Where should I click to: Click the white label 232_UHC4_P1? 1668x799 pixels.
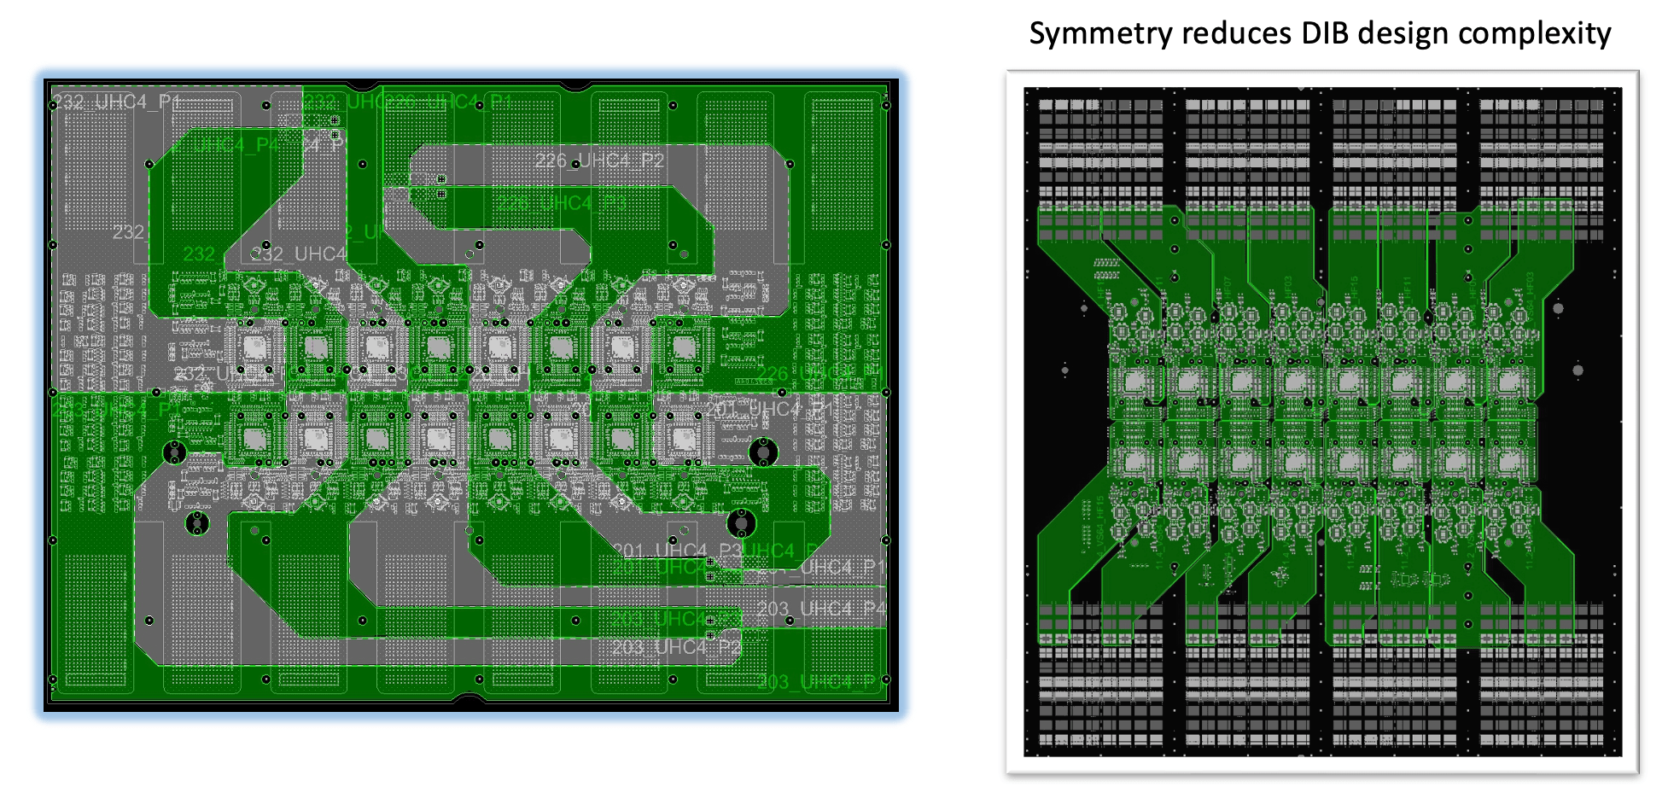pyautogui.click(x=118, y=102)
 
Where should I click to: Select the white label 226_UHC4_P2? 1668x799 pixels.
pyautogui.click(x=599, y=160)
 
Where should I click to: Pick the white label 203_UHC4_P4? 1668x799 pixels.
pyautogui.click(x=821, y=609)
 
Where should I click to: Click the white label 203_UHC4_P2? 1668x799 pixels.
pyautogui.click(x=676, y=648)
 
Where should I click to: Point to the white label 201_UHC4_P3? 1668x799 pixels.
pyautogui.click(x=676, y=551)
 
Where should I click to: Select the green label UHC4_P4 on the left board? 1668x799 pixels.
pyautogui.click(x=224, y=145)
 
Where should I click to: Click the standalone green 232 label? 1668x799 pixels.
pyautogui.click(x=199, y=254)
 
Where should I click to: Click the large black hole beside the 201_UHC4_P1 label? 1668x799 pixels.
pyautogui.click(x=762, y=452)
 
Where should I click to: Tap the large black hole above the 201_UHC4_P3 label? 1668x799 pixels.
pyautogui.click(x=741, y=522)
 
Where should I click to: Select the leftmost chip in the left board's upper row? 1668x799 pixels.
pyautogui.click(x=254, y=347)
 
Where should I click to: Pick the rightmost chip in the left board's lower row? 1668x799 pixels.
pyautogui.click(x=683, y=439)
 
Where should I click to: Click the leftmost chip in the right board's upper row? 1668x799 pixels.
pyautogui.click(x=1135, y=382)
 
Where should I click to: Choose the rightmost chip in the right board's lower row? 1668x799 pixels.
pyautogui.click(x=1511, y=461)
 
